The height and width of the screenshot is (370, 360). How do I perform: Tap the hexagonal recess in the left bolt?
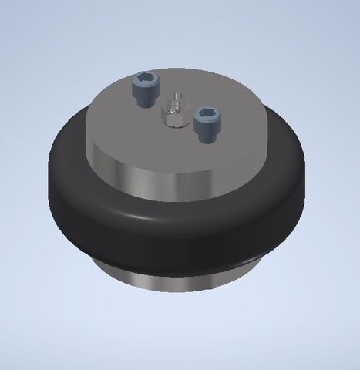[x=145, y=79]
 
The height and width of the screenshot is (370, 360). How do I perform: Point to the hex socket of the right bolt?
[x=206, y=114]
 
